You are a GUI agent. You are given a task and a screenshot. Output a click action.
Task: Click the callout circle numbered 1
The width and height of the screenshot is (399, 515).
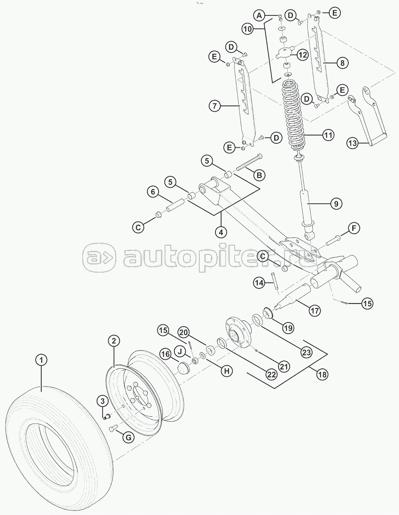(42, 360)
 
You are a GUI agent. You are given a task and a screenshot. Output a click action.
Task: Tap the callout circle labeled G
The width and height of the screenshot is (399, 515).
(128, 436)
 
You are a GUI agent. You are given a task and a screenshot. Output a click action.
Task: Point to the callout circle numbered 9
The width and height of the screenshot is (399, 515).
(336, 204)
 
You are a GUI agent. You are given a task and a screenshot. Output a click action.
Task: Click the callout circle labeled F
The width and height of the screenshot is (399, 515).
(353, 228)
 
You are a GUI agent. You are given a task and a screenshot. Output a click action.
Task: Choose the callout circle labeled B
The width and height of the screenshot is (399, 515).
(260, 175)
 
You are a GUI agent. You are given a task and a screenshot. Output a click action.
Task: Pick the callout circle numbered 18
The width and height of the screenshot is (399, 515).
(323, 374)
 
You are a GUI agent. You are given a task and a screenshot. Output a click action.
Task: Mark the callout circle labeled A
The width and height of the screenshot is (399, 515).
(260, 15)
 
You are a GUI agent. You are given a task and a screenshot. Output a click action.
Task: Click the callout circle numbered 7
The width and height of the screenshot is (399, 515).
(215, 106)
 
